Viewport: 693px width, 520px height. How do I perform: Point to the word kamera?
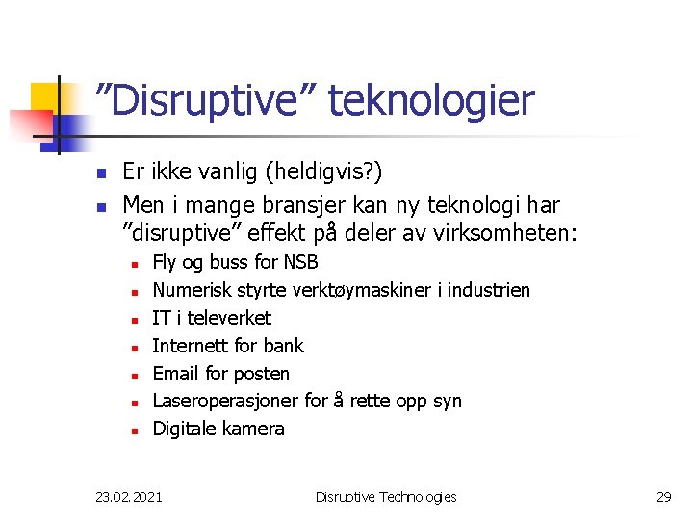coord(253,429)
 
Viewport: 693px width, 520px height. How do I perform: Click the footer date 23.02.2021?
coord(129,497)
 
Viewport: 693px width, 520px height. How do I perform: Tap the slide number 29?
coord(663,497)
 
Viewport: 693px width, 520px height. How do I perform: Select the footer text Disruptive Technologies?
coord(386,497)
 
